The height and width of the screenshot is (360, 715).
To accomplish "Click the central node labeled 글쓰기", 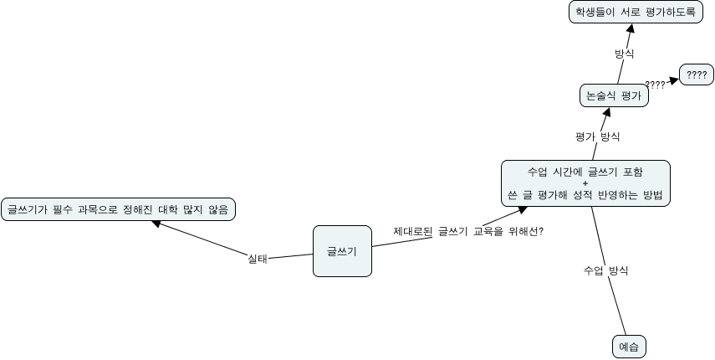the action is tap(342, 250).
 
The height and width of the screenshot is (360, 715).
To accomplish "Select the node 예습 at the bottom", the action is tap(629, 346).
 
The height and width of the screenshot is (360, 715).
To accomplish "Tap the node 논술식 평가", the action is tap(614, 95).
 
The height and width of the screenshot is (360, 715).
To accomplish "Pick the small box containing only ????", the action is tap(697, 75).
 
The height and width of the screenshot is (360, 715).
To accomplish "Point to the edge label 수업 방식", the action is tap(605, 270).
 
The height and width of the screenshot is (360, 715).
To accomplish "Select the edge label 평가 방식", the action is tap(597, 136).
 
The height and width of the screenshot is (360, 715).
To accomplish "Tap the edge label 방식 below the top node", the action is tap(624, 54).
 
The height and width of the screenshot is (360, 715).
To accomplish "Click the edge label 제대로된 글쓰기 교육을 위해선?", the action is tap(468, 231).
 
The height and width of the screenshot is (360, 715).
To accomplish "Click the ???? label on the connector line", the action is tap(656, 85).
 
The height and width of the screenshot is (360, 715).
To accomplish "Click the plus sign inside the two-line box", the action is tap(585, 183).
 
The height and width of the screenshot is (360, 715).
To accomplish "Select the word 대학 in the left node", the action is tap(166, 208).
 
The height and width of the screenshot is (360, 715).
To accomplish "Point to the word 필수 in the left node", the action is tap(66, 208).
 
